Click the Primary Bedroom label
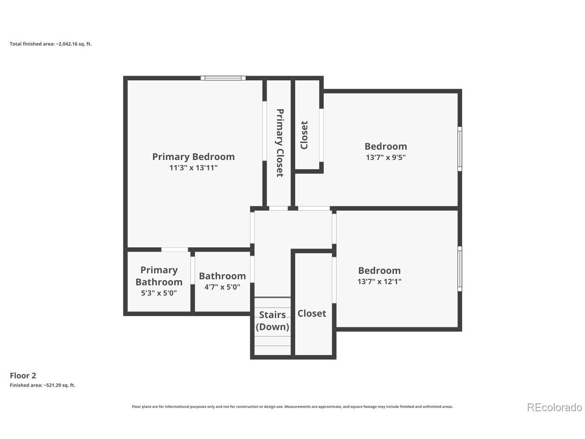click(193, 157)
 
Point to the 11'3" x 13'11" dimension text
click(193, 168)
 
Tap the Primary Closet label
click(280, 143)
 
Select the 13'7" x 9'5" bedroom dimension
click(386, 157)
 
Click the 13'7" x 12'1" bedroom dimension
click(379, 282)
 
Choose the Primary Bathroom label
click(159, 276)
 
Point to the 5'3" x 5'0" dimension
click(159, 293)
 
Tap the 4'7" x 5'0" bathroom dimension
click(222, 287)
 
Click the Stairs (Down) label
click(272, 321)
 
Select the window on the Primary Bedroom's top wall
click(223, 78)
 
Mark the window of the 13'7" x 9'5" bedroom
click(460, 149)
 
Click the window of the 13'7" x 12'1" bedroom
click(460, 269)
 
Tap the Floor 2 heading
click(23, 375)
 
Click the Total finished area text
click(51, 44)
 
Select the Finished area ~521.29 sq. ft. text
click(43, 385)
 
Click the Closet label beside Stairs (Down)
click(312, 313)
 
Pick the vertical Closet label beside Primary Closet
click(304, 135)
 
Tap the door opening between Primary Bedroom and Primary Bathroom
click(175, 250)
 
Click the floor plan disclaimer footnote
click(292, 407)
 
